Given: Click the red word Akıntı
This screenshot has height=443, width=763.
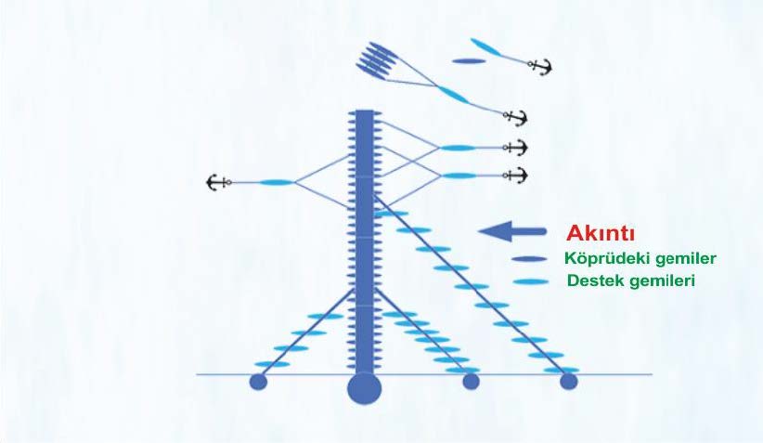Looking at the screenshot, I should [601, 232].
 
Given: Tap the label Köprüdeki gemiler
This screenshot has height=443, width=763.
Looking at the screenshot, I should [640, 258].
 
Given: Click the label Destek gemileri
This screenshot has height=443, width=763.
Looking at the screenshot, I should [632, 280].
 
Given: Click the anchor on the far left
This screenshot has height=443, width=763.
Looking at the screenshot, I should [217, 182].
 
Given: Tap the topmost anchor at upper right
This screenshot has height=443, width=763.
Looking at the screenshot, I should [539, 66].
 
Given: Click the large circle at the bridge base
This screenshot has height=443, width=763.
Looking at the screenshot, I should [364, 387].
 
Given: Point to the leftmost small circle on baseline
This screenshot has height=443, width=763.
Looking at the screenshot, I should [259, 381].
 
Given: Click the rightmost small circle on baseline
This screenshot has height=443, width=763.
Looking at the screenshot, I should [569, 381].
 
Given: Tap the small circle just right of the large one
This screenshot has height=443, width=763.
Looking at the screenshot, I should [471, 381].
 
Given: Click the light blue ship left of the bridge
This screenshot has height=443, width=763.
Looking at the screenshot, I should [276, 183].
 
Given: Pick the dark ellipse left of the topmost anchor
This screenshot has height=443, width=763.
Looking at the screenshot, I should [469, 61].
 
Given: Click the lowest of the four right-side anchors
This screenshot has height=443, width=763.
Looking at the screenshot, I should [514, 175].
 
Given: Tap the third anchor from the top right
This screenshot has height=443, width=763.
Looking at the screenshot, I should [514, 147].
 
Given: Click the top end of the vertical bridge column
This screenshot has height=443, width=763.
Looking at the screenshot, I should [364, 113].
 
